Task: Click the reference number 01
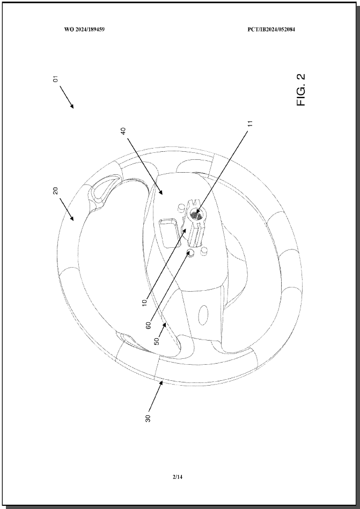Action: pos(56,79)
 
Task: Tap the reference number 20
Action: pos(55,190)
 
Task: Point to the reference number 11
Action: pos(249,123)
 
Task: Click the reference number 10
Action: pos(144,301)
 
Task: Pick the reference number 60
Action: pos(149,325)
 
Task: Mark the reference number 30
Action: pos(148,418)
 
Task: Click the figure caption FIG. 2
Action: pos(301,90)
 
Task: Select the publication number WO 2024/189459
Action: pos(84,29)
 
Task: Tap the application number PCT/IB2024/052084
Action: pos(271,29)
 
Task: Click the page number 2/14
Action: pos(178,477)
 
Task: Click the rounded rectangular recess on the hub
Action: pos(168,233)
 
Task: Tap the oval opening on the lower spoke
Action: pos(203,315)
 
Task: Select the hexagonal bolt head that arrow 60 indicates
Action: pos(191,253)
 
